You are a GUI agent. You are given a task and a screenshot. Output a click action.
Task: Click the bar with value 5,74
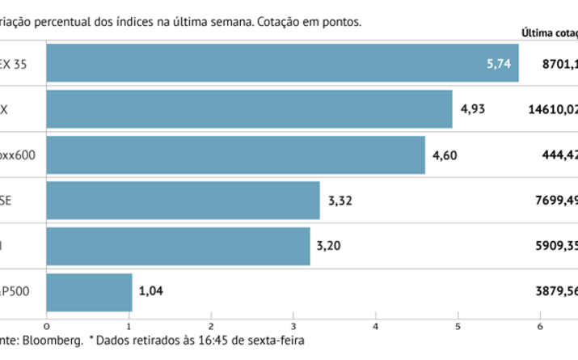point(283,63)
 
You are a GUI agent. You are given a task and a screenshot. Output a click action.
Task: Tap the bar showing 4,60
point(236,155)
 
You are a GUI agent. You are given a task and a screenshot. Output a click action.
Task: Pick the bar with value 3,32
point(184,201)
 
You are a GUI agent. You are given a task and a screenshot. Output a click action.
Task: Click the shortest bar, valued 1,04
point(90,292)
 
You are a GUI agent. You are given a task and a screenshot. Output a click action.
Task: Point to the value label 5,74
point(499,63)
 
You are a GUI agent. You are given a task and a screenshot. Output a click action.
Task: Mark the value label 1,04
point(151,292)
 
